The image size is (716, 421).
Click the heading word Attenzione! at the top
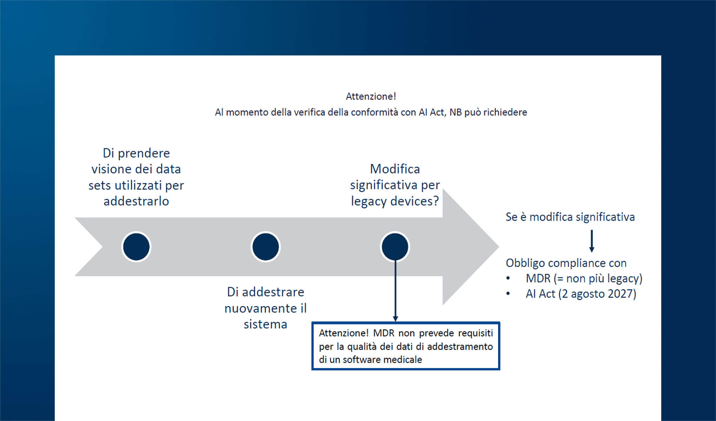(371, 96)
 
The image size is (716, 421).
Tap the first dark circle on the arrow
(136, 247)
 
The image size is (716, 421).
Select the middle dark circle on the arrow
(265, 247)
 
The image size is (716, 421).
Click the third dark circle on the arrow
(395, 247)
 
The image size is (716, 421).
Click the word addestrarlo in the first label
(136, 201)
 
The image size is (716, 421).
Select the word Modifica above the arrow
(395, 169)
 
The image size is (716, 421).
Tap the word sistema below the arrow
(265, 324)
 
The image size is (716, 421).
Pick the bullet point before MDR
(508, 279)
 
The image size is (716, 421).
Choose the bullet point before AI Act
(508, 294)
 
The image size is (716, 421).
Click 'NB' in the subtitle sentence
(456, 112)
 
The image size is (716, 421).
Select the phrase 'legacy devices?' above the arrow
(395, 201)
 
